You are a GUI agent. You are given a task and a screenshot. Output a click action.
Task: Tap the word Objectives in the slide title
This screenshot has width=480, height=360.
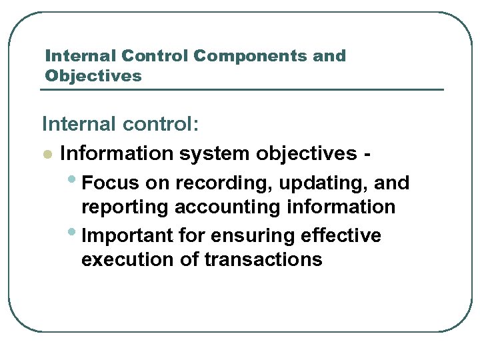(93, 75)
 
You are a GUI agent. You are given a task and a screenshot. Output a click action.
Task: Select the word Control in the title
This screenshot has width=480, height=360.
(160, 56)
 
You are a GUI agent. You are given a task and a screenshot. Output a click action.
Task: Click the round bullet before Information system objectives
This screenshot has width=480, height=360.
(46, 154)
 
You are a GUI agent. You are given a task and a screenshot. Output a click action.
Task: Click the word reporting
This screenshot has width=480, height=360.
(125, 207)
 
